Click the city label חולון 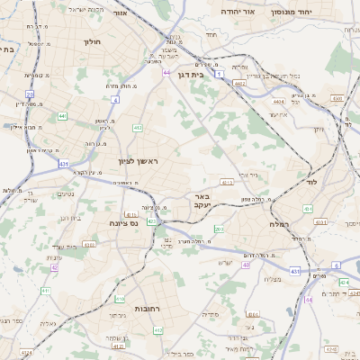[x=92, y=41]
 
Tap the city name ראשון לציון [x=138, y=161]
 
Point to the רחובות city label [x=147, y=308]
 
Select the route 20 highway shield [x=30, y=94]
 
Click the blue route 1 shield [x=220, y=73]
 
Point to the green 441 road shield [x=62, y=116]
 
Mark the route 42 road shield [x=55, y=266]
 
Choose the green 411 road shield [x=46, y=291]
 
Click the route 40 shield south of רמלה [x=246, y=265]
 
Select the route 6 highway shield [x=336, y=265]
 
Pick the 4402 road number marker [x=238, y=83]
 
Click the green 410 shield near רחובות [x=120, y=298]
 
